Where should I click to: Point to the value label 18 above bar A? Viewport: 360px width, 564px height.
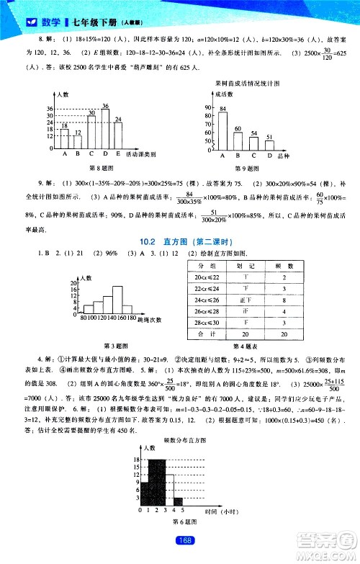tap(65, 125)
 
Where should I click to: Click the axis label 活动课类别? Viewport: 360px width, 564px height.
tap(142, 153)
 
